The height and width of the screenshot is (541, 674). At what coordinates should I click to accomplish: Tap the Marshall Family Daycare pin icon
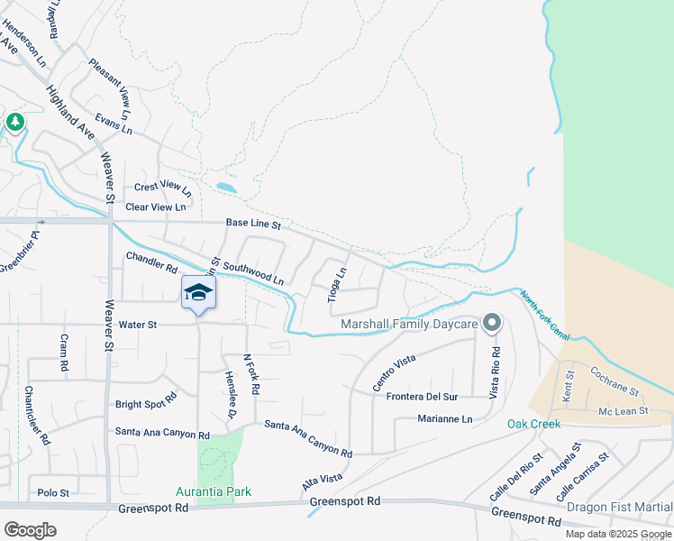pyautogui.click(x=491, y=322)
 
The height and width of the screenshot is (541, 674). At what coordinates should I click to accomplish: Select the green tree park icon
pyautogui.click(x=14, y=122)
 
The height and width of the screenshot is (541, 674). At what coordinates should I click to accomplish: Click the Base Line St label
pyautogui.click(x=253, y=223)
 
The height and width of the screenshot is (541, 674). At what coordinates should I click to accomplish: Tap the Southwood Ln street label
pyautogui.click(x=253, y=273)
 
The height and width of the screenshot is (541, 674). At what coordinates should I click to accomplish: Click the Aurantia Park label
pyautogui.click(x=214, y=491)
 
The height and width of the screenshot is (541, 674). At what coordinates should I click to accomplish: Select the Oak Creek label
pyautogui.click(x=533, y=424)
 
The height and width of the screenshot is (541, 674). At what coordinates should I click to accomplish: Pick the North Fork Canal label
pyautogui.click(x=543, y=314)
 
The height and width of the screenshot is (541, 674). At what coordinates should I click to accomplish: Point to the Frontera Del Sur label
pyautogui.click(x=422, y=397)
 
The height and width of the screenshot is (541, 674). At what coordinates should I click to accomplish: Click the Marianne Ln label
pyautogui.click(x=445, y=419)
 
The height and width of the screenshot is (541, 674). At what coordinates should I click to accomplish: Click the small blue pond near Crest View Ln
pyautogui.click(x=226, y=188)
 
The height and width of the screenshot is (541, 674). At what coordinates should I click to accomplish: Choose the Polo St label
pyautogui.click(x=53, y=493)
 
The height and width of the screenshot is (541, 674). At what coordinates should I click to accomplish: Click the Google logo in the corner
pyautogui.click(x=30, y=529)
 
